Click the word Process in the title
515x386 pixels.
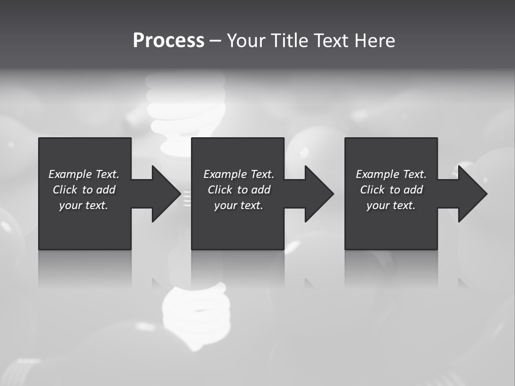(168, 41)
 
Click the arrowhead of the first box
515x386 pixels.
(164, 194)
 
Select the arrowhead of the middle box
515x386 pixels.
(317, 194)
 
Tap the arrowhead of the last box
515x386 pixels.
(470, 194)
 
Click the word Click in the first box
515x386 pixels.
(65, 190)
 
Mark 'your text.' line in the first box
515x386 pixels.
(84, 205)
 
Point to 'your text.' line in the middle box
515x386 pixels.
(239, 205)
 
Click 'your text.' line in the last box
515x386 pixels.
(391, 205)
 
